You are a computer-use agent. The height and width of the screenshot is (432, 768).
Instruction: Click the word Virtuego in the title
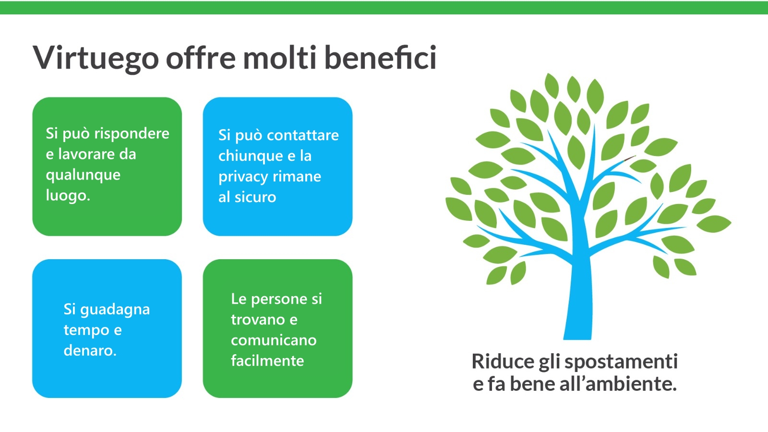[x=96, y=58]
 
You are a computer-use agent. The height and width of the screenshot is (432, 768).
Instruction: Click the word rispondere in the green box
[x=132, y=134]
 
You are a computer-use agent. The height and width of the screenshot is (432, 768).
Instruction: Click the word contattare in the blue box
[x=303, y=135]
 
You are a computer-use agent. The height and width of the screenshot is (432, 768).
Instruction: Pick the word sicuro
[x=255, y=197]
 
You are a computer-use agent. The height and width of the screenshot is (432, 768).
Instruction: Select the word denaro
[x=90, y=350]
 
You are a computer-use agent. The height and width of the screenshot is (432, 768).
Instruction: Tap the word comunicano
[x=274, y=340]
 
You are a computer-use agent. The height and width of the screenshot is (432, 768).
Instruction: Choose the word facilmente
[x=267, y=360]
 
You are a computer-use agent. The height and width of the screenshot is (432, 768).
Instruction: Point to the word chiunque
[x=251, y=156]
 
